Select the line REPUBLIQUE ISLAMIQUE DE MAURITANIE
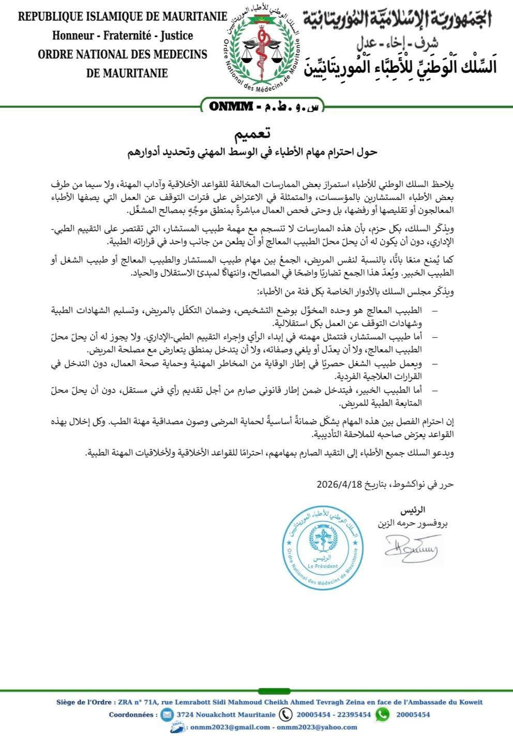pos(123,17)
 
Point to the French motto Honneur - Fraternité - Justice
pos(123,36)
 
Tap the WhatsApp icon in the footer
pos(382,714)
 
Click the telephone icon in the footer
pos(285,714)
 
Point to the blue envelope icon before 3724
pos(167,715)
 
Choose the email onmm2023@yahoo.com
pos(317,727)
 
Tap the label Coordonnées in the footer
pos(133,715)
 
